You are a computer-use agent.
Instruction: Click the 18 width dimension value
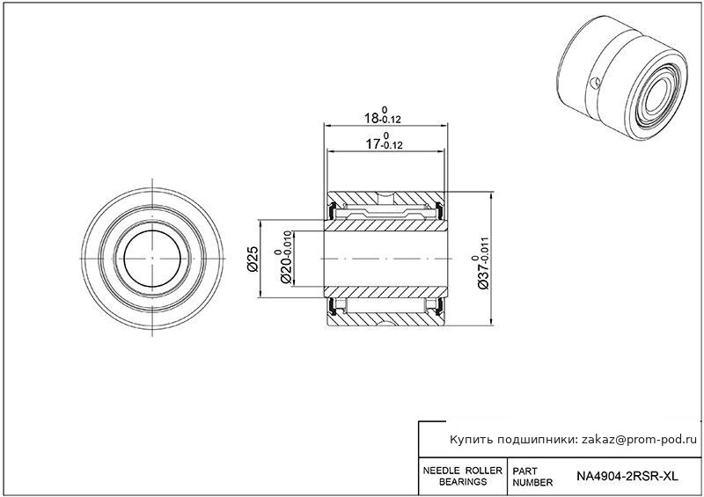[x=371, y=119]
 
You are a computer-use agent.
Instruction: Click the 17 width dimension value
[x=372, y=144]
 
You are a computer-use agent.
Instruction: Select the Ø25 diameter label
[x=253, y=259]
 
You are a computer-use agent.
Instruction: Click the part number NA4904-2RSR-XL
[x=627, y=476]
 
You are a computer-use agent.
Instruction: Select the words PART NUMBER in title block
[x=532, y=477]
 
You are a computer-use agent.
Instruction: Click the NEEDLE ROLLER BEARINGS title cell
[x=463, y=476]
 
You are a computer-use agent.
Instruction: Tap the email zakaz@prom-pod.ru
[x=640, y=440]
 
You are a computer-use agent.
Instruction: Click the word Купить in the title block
[x=471, y=440]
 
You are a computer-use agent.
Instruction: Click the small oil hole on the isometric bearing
[x=595, y=83]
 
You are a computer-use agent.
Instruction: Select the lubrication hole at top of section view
[x=385, y=196]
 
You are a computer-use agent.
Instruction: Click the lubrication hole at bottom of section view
[x=385, y=322]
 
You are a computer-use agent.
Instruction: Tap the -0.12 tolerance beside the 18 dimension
[x=390, y=120]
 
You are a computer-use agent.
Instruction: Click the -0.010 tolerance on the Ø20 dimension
[x=288, y=244]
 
